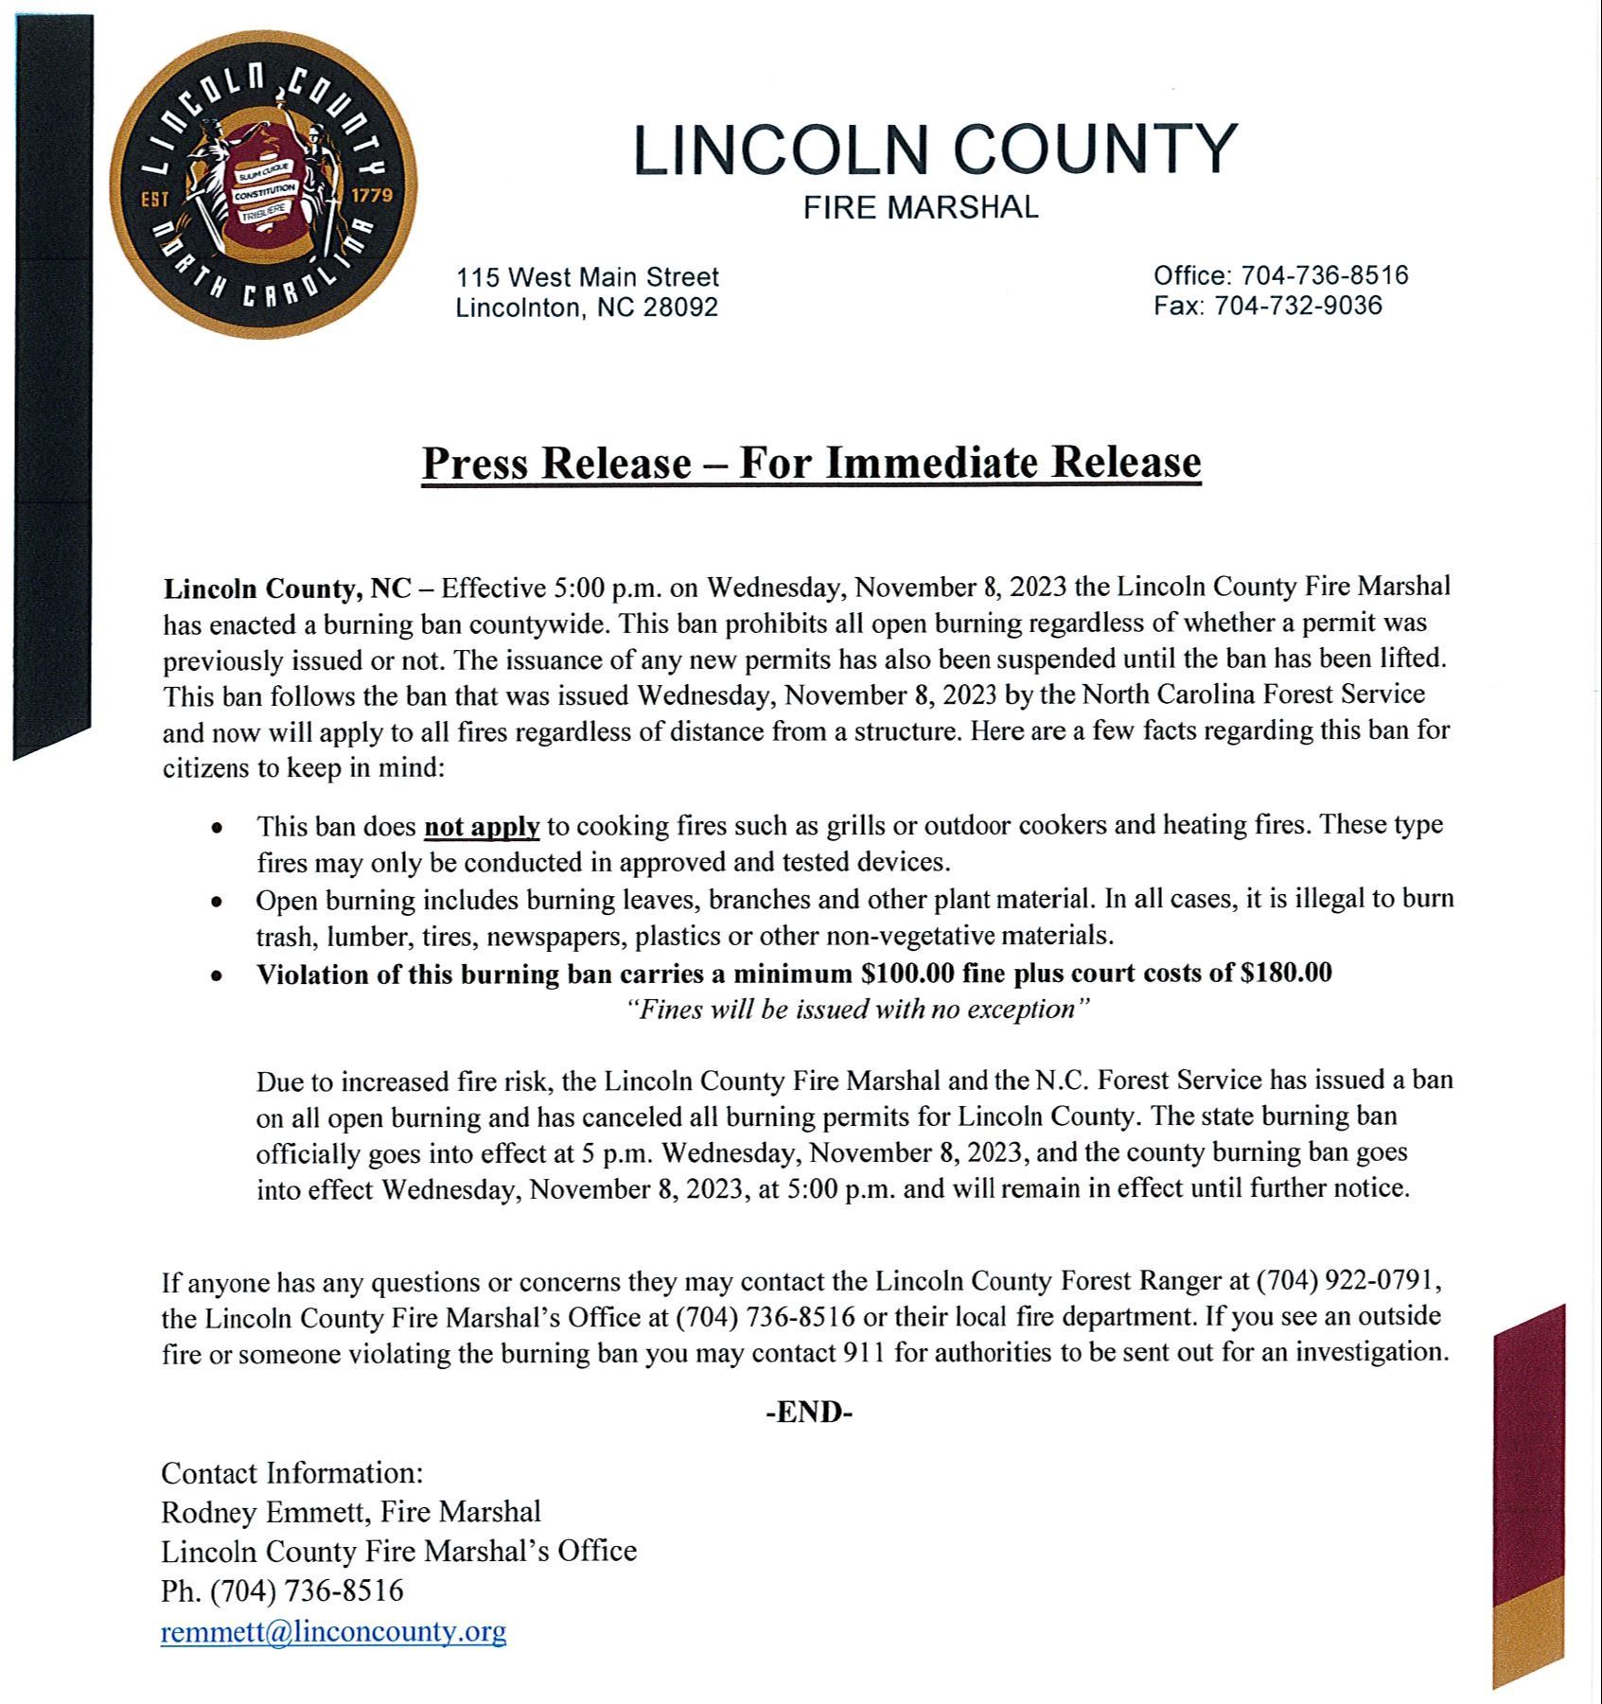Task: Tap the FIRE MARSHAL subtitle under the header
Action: click(921, 207)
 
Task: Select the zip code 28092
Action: click(680, 307)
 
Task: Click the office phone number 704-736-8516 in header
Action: click(1325, 275)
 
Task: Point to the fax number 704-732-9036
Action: click(1298, 306)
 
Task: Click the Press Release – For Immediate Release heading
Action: click(811, 463)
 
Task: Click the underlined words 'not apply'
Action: click(482, 827)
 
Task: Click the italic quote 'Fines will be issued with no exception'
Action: click(859, 1010)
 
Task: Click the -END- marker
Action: click(809, 1413)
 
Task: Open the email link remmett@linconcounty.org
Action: click(334, 1632)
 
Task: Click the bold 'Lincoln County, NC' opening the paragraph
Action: click(288, 588)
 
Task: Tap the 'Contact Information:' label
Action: click(292, 1473)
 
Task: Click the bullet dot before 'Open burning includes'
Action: click(218, 902)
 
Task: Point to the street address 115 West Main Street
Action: click(588, 277)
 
